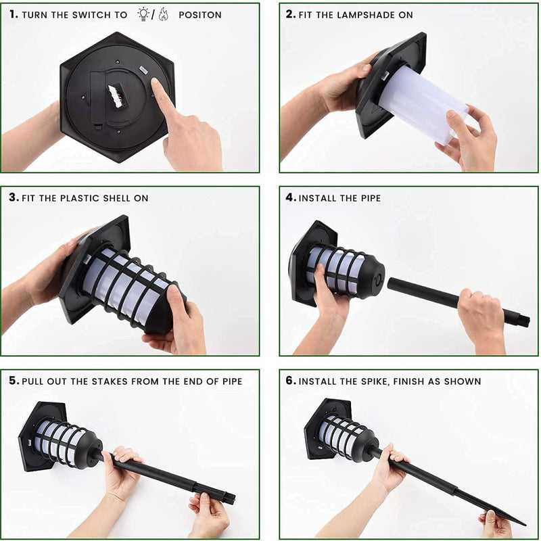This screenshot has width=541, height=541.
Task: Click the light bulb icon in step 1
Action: [x=143, y=14]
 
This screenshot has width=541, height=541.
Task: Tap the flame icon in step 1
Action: [x=164, y=14]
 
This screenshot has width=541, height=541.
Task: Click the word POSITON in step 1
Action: [x=200, y=15]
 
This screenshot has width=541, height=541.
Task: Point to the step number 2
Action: [x=291, y=14]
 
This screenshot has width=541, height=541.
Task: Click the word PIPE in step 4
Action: [x=371, y=198]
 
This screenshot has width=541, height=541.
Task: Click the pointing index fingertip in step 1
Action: [x=156, y=82]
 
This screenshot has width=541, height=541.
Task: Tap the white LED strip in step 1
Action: [x=115, y=95]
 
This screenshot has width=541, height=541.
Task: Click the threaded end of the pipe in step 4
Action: [x=524, y=320]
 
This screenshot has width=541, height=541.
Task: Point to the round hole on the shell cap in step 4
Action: [x=379, y=278]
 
